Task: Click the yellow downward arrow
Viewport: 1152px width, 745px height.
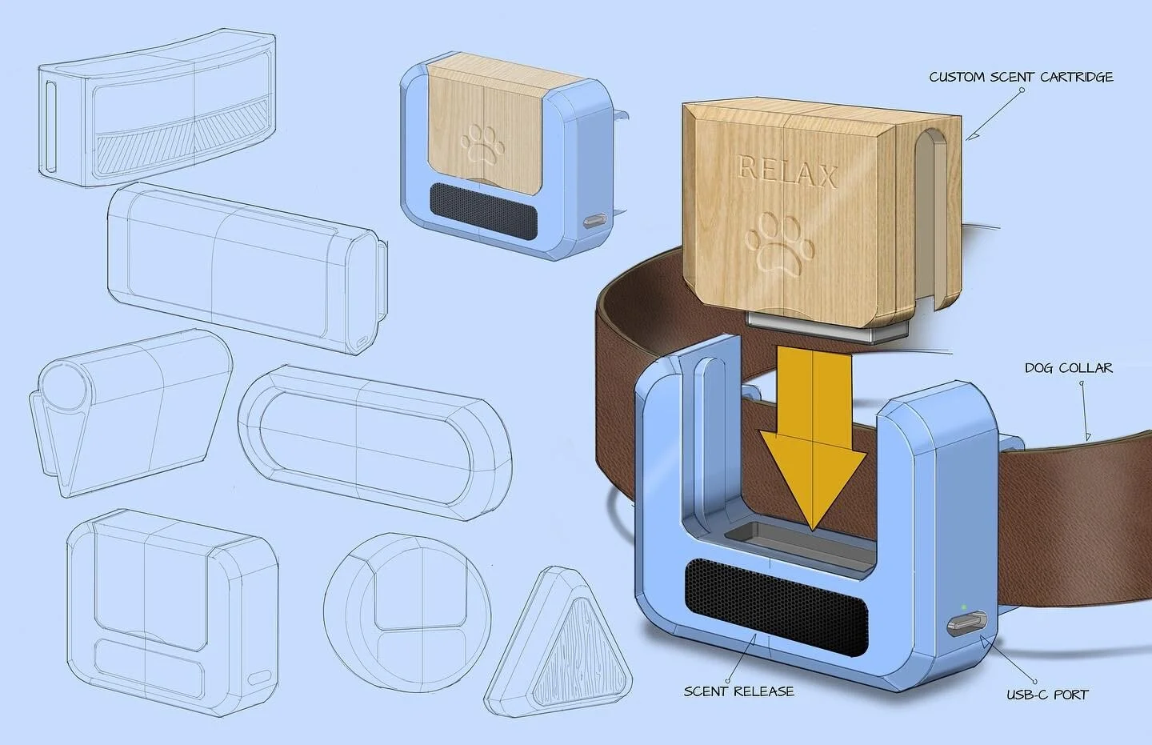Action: point(812,448)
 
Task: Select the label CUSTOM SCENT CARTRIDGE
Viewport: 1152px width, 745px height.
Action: point(1021,78)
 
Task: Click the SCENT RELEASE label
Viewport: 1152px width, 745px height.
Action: point(738,691)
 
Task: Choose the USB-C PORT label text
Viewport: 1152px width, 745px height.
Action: point(1047,695)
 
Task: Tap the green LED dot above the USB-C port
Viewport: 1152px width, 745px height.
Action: point(965,605)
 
